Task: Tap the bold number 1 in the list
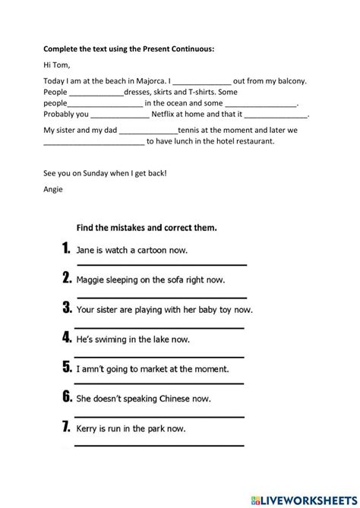click(67, 248)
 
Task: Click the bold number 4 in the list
click(67, 339)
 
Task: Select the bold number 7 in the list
click(67, 428)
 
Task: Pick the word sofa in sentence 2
click(174, 279)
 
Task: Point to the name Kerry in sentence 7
click(90, 429)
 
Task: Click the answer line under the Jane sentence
click(161, 264)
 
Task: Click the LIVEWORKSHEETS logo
click(311, 497)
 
